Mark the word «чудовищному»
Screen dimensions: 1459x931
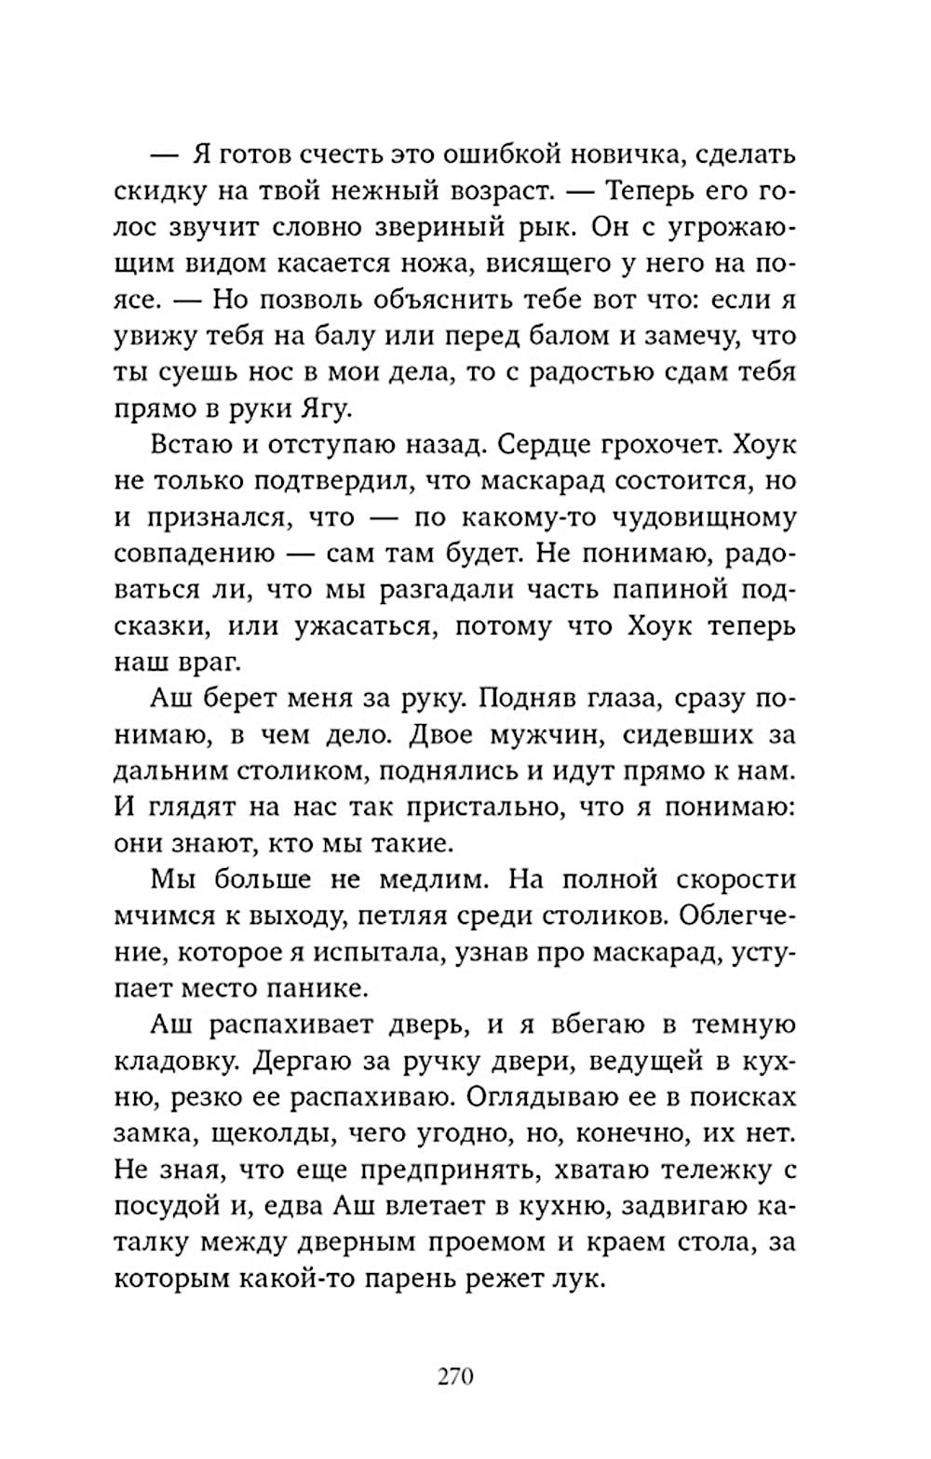(x=712, y=517)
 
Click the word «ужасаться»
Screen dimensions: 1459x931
(x=371, y=626)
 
